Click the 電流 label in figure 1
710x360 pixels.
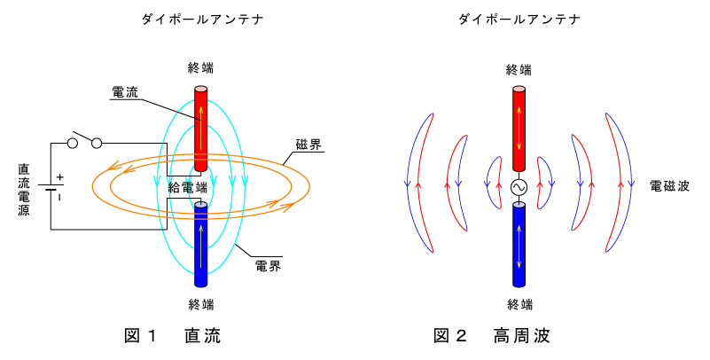click(x=124, y=92)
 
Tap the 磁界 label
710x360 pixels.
click(x=308, y=145)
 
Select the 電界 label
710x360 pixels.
click(x=268, y=266)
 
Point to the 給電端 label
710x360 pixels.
click(x=187, y=187)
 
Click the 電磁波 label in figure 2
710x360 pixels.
click(x=669, y=185)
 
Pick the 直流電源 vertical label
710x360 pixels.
click(x=24, y=189)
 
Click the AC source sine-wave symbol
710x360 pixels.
click(x=519, y=186)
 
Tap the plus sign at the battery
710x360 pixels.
click(x=59, y=177)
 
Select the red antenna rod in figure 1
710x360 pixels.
click(x=200, y=130)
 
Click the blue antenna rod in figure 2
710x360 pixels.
click(x=519, y=245)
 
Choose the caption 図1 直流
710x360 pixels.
click(x=173, y=335)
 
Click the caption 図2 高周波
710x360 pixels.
click(x=491, y=335)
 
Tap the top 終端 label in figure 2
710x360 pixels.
click(x=519, y=70)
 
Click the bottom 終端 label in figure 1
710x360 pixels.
click(x=201, y=304)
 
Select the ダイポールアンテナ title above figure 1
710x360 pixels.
click(x=202, y=19)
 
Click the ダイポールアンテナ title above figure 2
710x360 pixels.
click(x=519, y=19)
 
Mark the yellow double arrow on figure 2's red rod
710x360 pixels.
click(x=519, y=129)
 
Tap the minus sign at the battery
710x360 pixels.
click(x=59, y=198)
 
